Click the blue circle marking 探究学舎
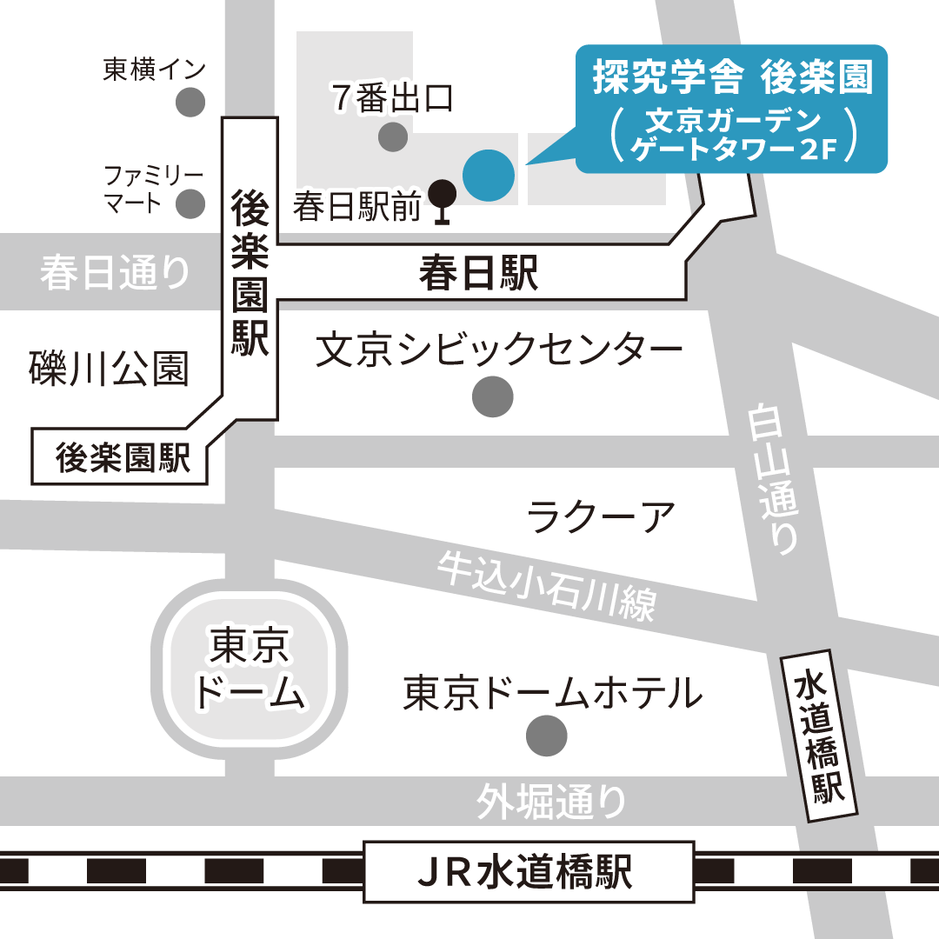(488, 175)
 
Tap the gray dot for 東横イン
(190, 103)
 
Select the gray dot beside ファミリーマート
(190, 204)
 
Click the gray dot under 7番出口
(393, 136)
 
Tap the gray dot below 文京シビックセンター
(492, 397)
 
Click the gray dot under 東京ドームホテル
(547, 736)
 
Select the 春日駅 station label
(479, 274)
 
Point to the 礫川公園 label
(108, 368)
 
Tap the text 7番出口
(393, 99)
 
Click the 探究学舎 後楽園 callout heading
(731, 79)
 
